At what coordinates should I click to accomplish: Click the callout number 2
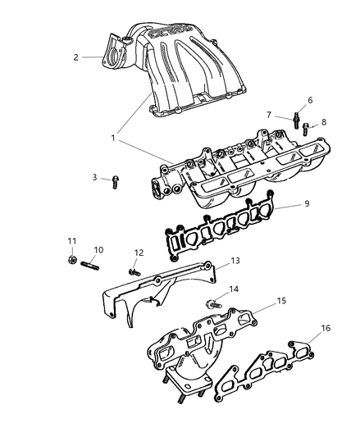pos(75,57)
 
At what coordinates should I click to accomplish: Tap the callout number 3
pos(94,177)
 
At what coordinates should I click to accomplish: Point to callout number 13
pos(235,260)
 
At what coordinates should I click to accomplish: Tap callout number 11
pos(71,240)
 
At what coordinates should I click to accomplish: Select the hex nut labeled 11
pos(71,262)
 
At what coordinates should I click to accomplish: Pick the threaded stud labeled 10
pos(91,264)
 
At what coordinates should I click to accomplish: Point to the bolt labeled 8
pos(304,128)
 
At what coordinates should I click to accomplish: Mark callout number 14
pos(235,289)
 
